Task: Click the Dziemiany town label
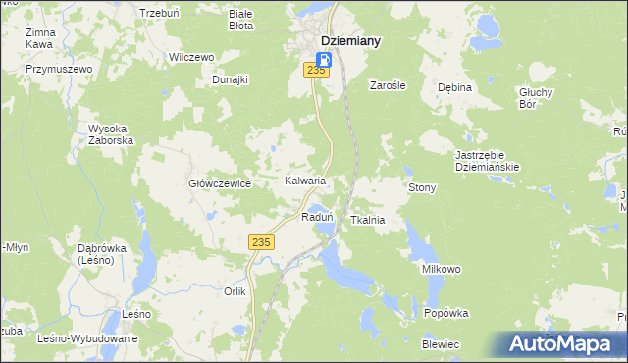point(350,40)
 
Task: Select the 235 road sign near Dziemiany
point(315,70)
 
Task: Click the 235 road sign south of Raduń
point(260,242)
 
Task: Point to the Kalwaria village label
point(304,181)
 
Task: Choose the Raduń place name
point(318,217)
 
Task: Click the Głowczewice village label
point(221,183)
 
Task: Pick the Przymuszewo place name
point(59,70)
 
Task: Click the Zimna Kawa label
point(40,38)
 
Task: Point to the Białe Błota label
point(240,21)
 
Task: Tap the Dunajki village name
point(230,79)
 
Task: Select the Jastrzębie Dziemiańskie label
point(487,161)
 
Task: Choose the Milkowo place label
point(442,269)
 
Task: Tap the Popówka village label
point(446,313)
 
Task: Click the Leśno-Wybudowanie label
point(86,338)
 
